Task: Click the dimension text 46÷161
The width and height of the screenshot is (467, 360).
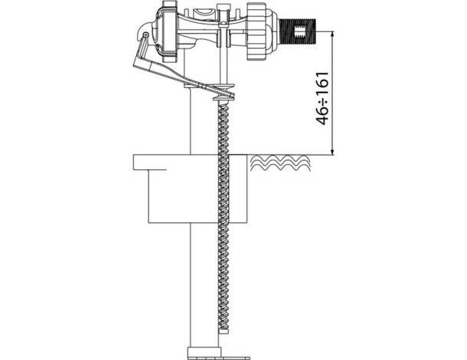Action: coord(322,98)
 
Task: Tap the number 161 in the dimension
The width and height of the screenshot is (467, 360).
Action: coord(322,83)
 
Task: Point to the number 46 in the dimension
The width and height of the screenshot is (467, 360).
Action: coord(322,116)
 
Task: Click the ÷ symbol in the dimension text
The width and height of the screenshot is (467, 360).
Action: coord(322,101)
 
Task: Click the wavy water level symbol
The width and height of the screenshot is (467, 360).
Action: coord(280,163)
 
